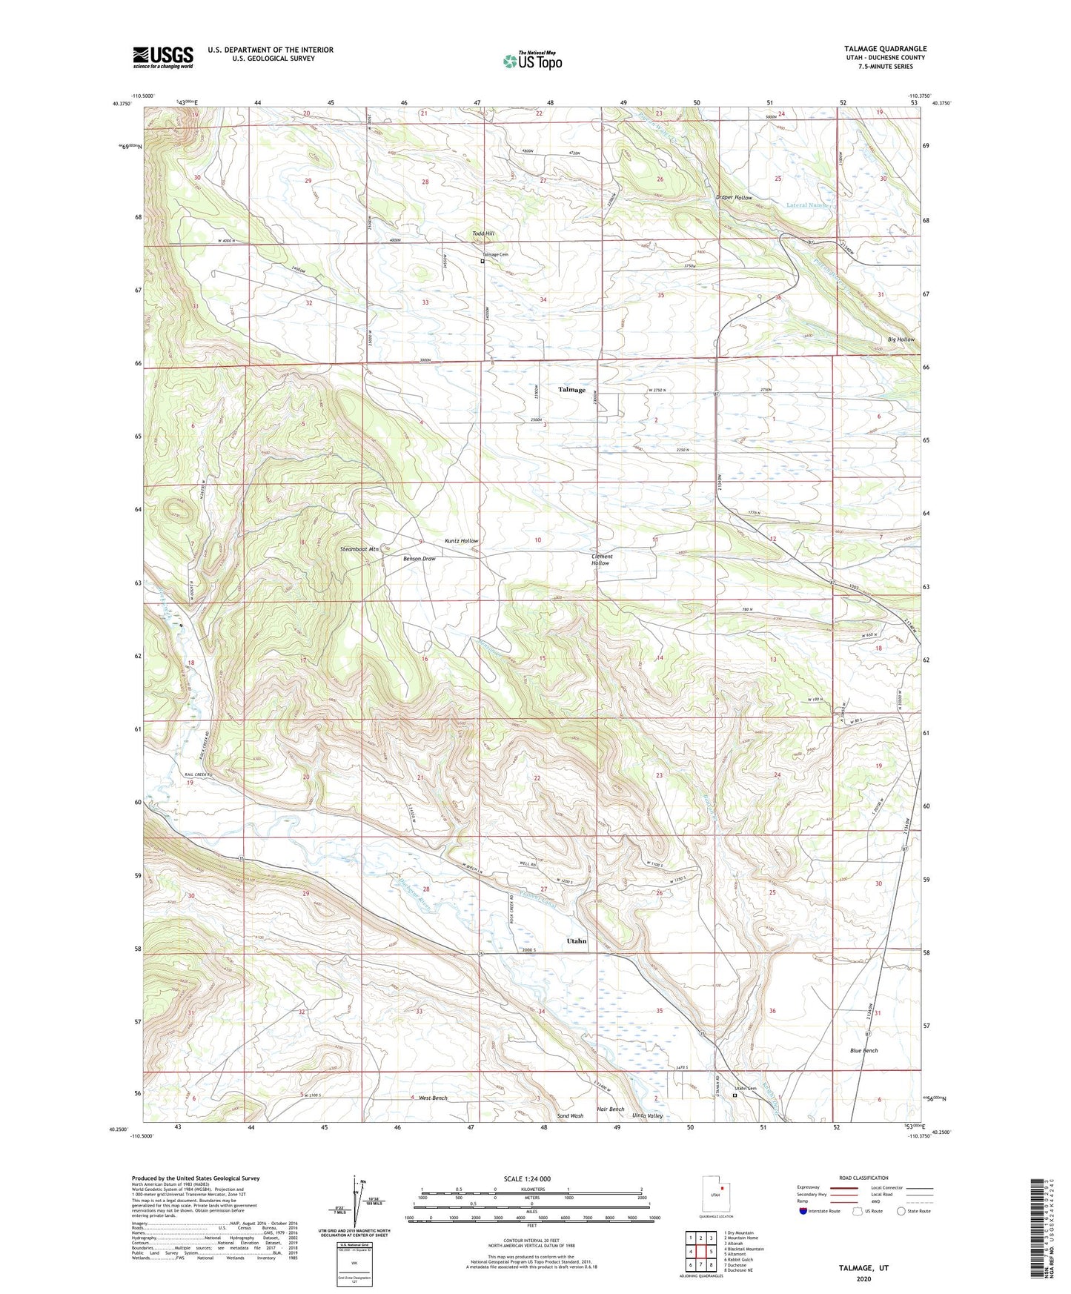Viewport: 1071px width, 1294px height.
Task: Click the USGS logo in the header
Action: click(x=163, y=57)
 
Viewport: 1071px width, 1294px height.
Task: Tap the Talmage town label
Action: click(x=571, y=390)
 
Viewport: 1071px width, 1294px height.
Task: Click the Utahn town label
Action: click(x=577, y=940)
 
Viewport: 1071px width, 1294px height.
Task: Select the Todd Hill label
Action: click(x=483, y=233)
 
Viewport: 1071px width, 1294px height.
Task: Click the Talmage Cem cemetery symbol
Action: click(x=483, y=261)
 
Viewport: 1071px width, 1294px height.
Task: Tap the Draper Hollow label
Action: click(x=734, y=198)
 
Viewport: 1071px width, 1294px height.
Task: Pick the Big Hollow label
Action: click(x=901, y=339)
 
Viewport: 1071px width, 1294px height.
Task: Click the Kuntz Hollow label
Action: click(x=461, y=541)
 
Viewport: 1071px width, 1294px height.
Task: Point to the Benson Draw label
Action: click(x=419, y=559)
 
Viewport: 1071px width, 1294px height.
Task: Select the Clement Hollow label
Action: click(x=601, y=560)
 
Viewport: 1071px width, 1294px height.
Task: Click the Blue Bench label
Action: click(x=863, y=1051)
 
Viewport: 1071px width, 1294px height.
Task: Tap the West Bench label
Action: click(x=433, y=1098)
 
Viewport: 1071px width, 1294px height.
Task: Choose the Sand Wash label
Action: click(x=570, y=1115)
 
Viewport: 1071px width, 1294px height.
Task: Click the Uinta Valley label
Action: click(x=647, y=1115)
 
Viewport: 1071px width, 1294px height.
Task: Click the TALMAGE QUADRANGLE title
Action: click(x=879, y=49)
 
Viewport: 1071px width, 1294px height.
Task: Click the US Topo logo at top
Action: click(x=532, y=61)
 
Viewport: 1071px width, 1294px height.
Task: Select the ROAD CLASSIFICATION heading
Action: click(x=863, y=1178)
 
